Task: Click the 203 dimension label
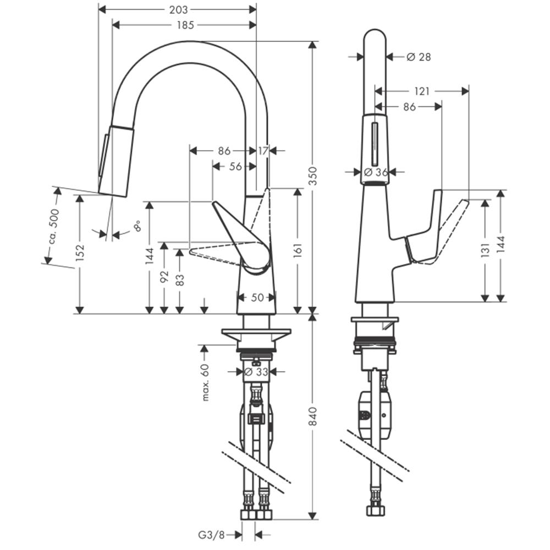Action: (179, 9)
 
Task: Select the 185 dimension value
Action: (185, 25)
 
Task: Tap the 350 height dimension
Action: (313, 176)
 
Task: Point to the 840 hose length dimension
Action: (313, 416)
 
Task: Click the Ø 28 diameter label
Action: (419, 57)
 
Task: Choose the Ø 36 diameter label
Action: (376, 172)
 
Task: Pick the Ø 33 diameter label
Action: (256, 371)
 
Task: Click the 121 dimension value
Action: (422, 91)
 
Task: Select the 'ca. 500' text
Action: (54, 227)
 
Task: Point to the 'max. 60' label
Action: (205, 382)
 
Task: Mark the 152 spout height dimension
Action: (80, 252)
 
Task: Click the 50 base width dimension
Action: (257, 298)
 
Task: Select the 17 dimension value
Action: (263, 151)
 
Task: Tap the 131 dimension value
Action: (485, 250)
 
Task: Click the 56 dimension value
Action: (235, 166)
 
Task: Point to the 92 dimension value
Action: (164, 277)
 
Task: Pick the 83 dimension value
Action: (180, 279)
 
